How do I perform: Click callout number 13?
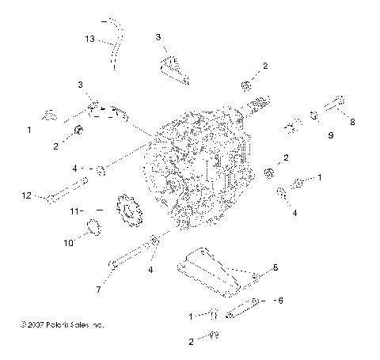90,38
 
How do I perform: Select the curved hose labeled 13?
116,44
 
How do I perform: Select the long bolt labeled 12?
68,191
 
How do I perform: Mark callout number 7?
97,290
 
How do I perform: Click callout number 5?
275,269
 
